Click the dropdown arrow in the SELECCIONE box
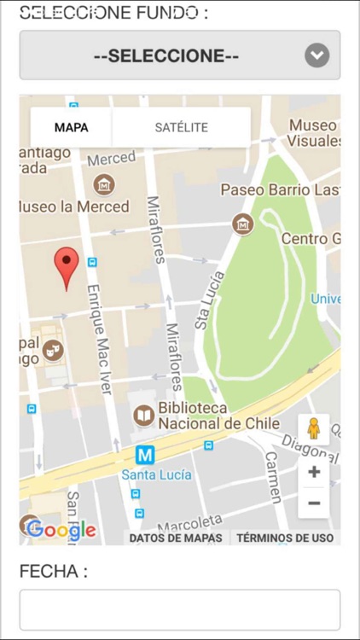click(x=316, y=56)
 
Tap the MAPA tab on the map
click(x=71, y=128)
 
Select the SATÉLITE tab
click(x=181, y=128)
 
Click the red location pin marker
click(x=67, y=266)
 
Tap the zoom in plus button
click(x=314, y=472)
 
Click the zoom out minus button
click(x=314, y=503)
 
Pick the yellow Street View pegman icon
click(x=313, y=428)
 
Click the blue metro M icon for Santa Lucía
click(x=145, y=455)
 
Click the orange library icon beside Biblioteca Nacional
click(x=144, y=416)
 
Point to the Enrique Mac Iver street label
click(x=98, y=338)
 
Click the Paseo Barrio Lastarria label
click(x=280, y=189)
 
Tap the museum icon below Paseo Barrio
click(x=243, y=224)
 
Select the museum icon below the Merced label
click(x=104, y=183)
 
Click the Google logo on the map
click(x=61, y=530)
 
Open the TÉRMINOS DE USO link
click(x=285, y=538)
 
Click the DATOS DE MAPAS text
click(x=176, y=538)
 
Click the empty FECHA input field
click(x=179, y=609)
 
